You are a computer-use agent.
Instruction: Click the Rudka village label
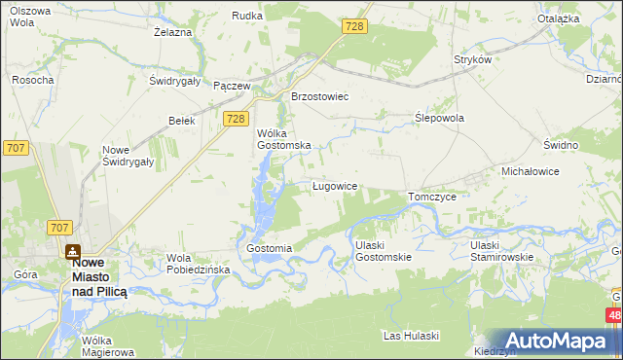coord(247,16)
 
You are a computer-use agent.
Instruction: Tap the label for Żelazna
coord(172,32)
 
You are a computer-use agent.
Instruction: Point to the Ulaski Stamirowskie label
coord(498,250)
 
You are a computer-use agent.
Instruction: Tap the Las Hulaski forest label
coord(412,336)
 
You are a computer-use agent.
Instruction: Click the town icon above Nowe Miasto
coord(73,251)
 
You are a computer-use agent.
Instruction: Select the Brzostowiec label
coord(320,97)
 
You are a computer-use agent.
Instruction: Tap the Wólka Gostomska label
coord(283,139)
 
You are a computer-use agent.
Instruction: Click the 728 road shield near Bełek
coord(234,119)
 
